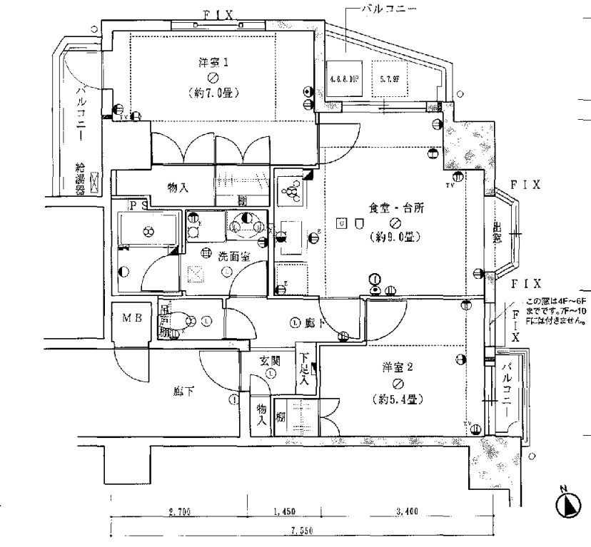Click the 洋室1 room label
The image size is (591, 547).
pos(213,62)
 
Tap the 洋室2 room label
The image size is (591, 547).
pos(398,367)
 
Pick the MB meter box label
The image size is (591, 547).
pos(131,318)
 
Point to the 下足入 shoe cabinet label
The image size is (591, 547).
pos(304,369)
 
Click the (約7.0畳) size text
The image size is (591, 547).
pos(213,93)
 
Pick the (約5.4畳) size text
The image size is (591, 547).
pos(398,399)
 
